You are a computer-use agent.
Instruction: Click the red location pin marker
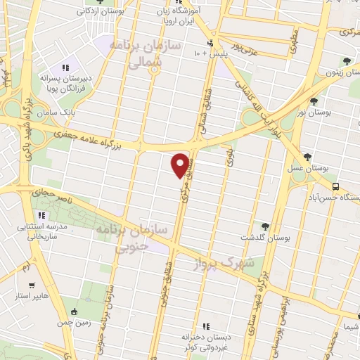pos(181,165)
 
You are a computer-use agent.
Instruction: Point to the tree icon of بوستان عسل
pos(308,157)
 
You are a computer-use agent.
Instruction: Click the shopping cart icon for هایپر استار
pos(32,286)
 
